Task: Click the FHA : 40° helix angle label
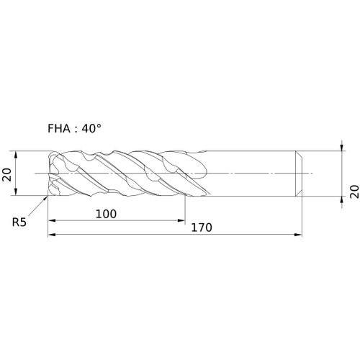click(74, 129)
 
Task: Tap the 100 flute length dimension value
click(106, 214)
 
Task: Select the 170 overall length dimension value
click(202, 228)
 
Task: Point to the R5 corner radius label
click(19, 222)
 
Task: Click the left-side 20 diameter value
click(6, 174)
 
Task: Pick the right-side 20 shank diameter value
click(354, 192)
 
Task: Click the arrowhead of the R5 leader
click(45, 198)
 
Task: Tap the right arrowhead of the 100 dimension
click(181, 220)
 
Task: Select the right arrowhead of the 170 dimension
click(297, 235)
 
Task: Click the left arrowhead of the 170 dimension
click(52, 235)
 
